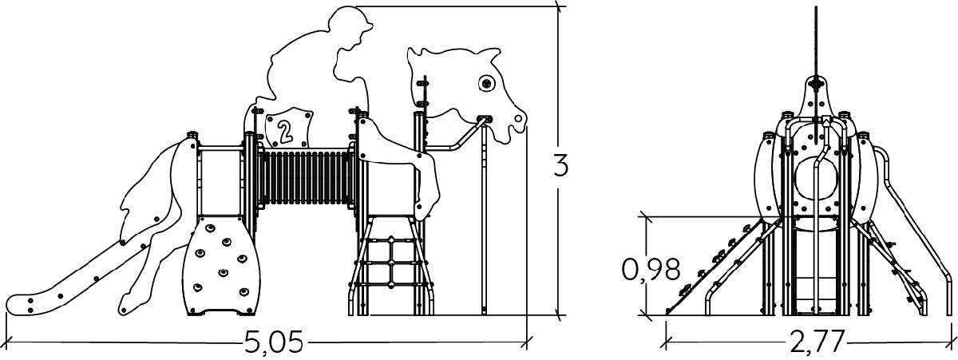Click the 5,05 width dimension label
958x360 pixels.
point(273,344)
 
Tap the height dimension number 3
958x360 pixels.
point(561,166)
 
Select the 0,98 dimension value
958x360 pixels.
point(651,269)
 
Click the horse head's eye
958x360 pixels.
point(485,82)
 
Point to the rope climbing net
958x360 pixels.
point(390,263)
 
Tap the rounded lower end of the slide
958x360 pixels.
point(32,303)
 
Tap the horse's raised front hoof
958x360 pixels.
point(422,209)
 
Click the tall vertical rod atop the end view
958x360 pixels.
point(816,40)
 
